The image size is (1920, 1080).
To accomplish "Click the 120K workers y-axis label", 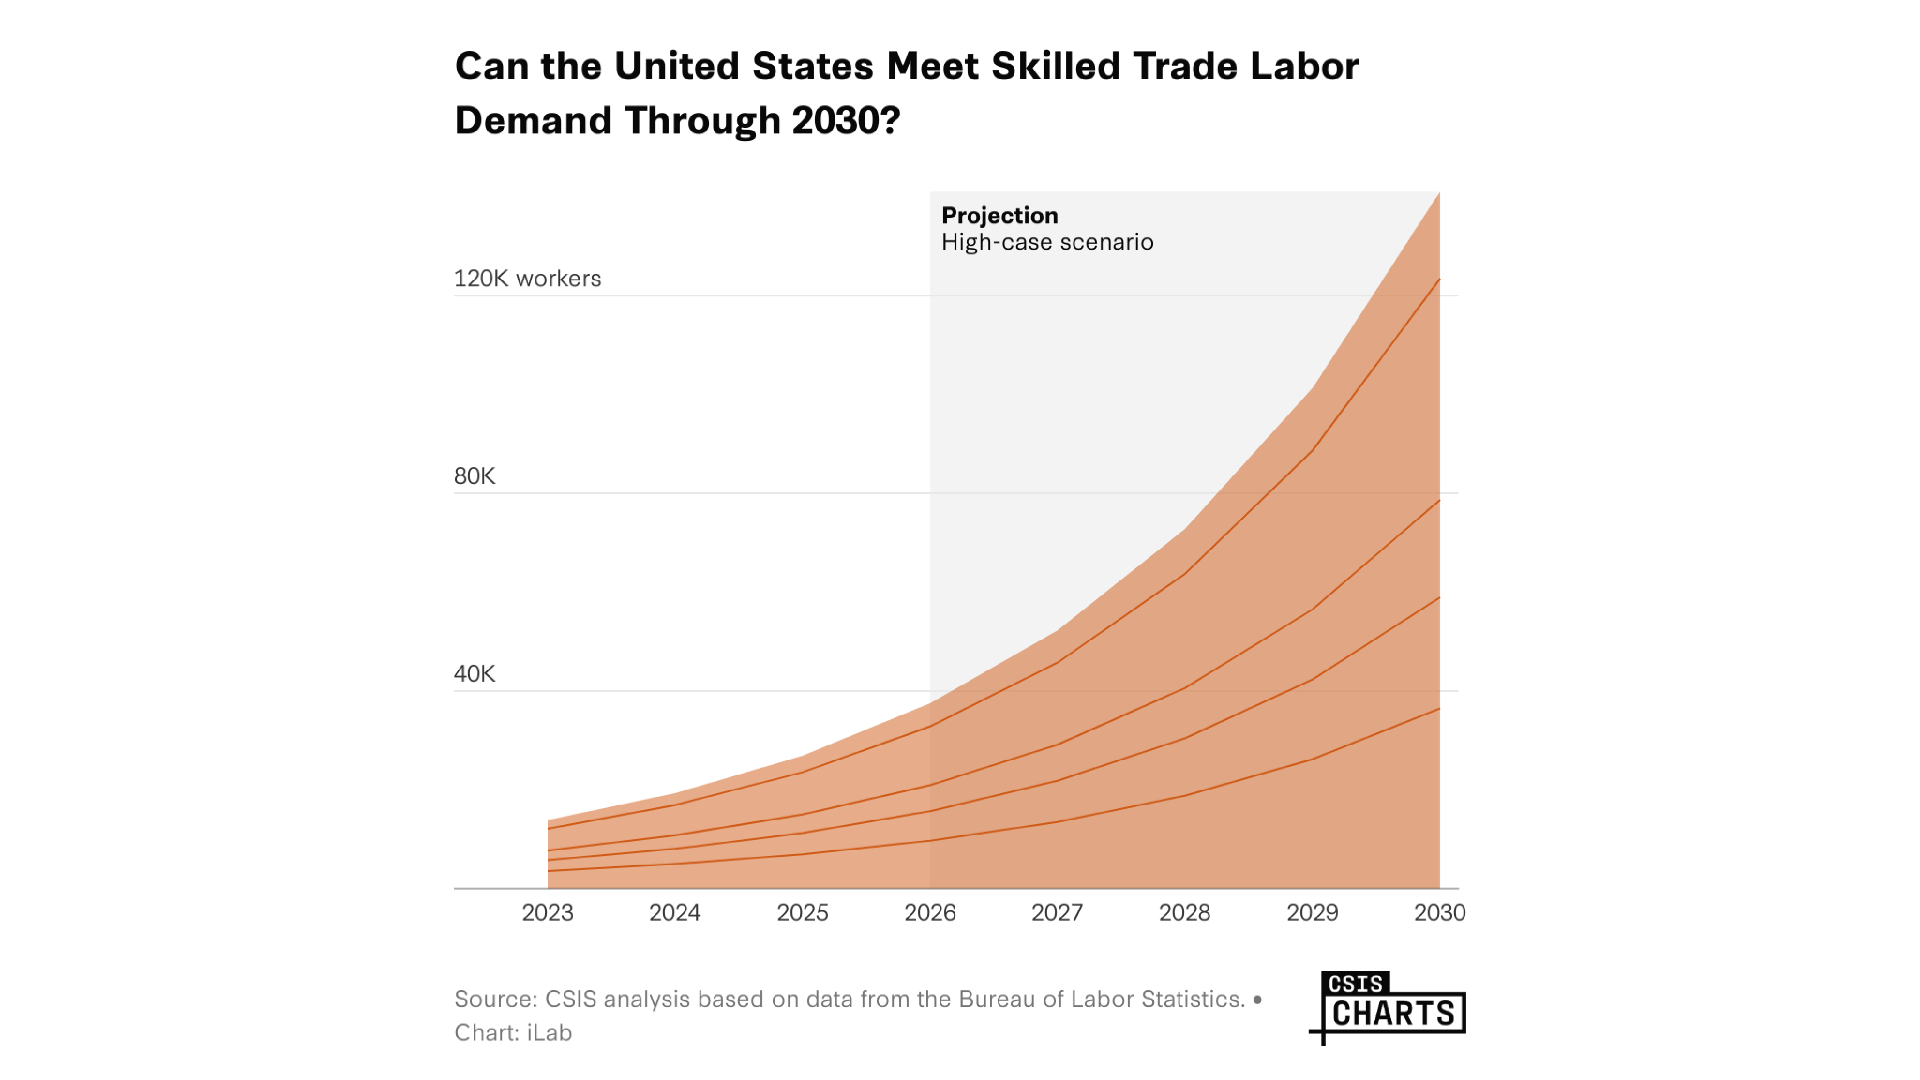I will (x=527, y=279).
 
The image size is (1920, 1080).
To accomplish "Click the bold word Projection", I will (x=1000, y=216).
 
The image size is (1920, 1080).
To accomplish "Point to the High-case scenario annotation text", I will (x=1047, y=242).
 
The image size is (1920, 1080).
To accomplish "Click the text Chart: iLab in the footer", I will (x=513, y=1033).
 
